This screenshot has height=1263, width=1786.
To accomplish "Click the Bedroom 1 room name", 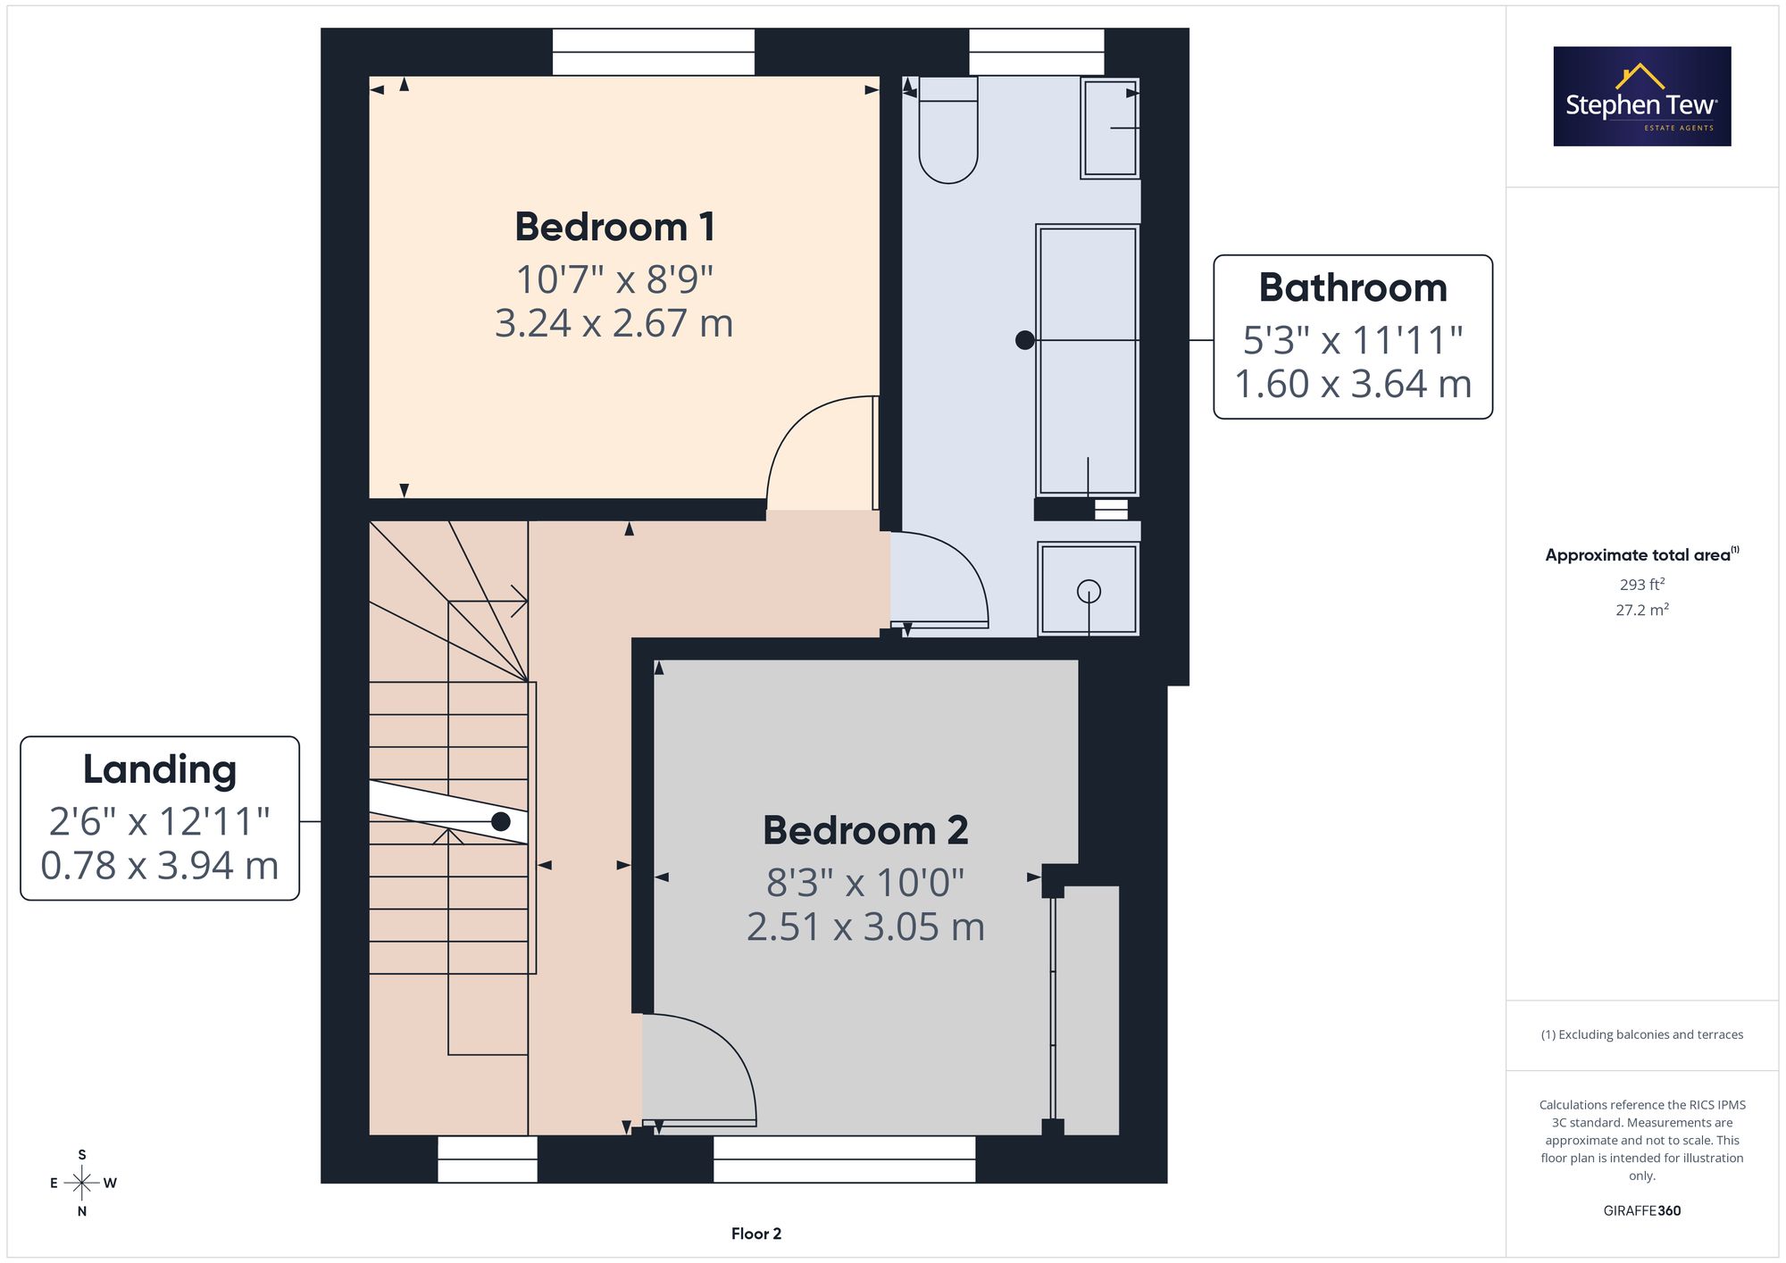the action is click(614, 227).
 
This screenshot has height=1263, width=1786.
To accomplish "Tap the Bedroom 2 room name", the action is click(865, 830).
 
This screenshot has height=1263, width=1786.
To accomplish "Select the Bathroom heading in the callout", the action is click(1353, 287).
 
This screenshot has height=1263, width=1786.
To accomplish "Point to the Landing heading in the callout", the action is click(160, 769).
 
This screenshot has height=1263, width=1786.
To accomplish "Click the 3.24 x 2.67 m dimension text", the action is click(614, 323).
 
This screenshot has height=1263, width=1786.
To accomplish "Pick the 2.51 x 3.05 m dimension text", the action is click(865, 926).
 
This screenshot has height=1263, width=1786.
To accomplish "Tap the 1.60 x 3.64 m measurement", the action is click(1353, 384).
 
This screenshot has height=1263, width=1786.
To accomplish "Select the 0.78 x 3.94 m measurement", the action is click(160, 866).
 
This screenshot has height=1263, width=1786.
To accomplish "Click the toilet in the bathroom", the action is click(948, 129).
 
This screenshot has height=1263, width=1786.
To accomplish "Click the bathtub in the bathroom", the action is click(1088, 360).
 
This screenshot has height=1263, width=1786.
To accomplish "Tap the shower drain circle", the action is click(1089, 591).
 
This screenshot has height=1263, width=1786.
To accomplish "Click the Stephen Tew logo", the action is click(1642, 96).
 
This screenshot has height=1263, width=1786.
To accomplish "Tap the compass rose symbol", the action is click(82, 1184).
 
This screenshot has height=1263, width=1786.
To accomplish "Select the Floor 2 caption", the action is click(756, 1234).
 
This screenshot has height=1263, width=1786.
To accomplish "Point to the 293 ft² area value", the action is click(1642, 585).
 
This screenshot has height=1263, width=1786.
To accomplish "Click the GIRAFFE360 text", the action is click(1642, 1211).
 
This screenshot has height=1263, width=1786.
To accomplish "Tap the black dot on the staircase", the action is click(501, 821).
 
